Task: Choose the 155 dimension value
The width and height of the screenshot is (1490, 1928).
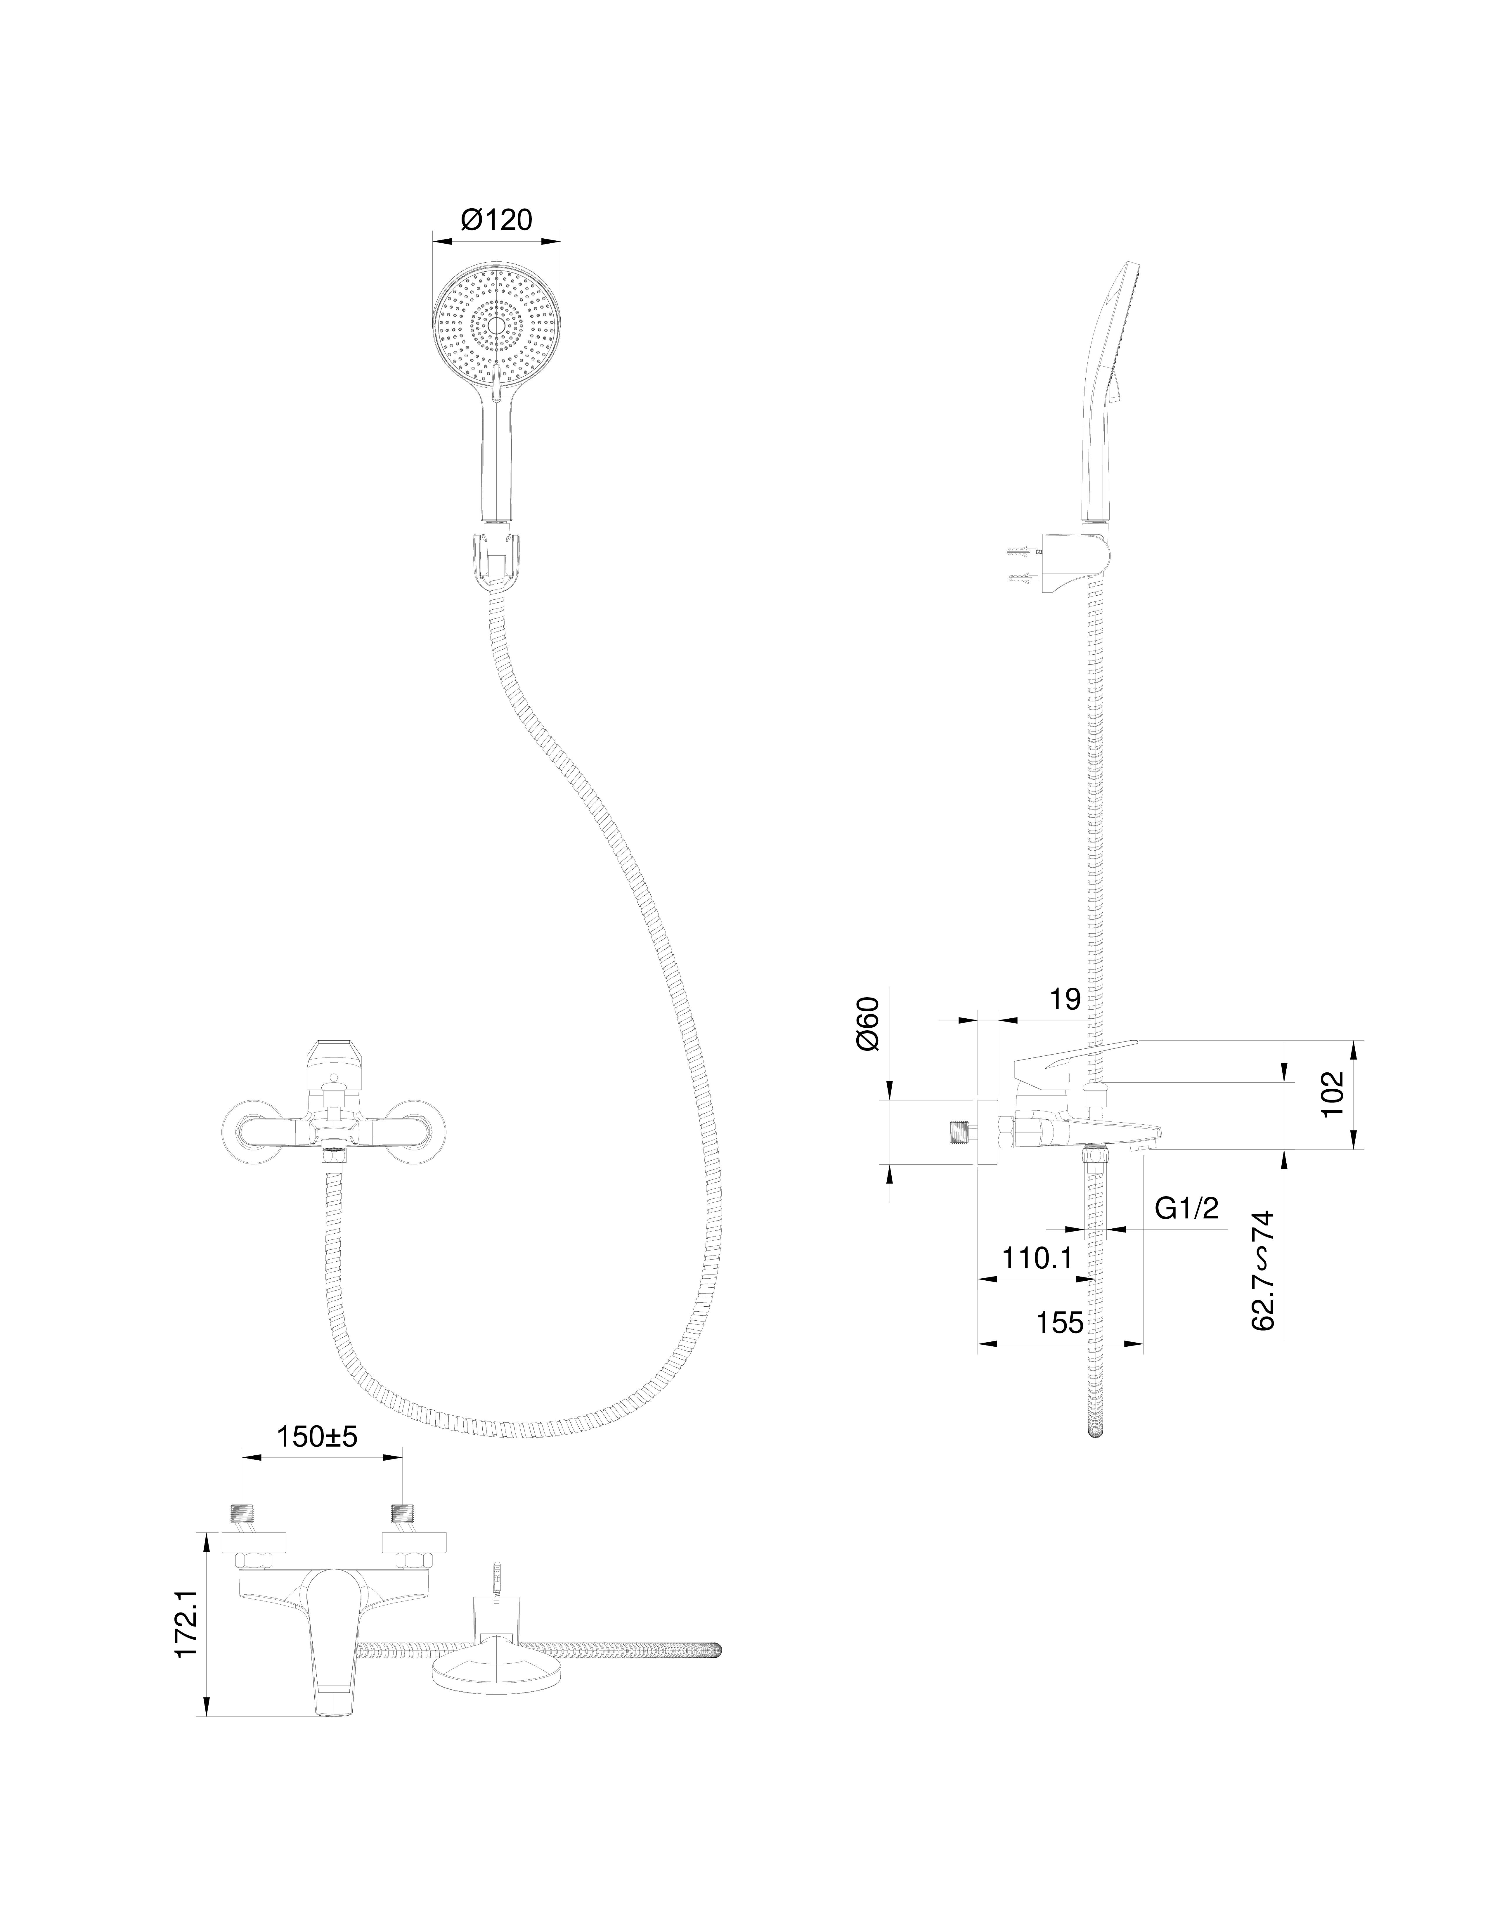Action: (x=1059, y=1322)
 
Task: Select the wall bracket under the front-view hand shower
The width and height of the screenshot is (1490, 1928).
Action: (x=496, y=556)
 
